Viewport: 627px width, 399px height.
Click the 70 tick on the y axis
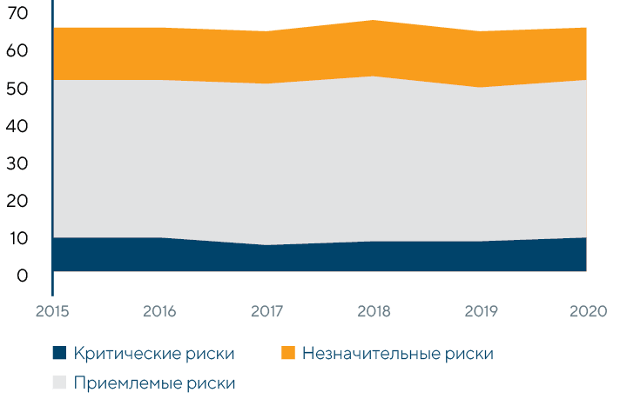click(17, 13)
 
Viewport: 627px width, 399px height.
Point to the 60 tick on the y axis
click(17, 50)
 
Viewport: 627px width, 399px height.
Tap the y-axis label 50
click(17, 88)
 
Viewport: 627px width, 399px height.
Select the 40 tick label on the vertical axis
click(17, 125)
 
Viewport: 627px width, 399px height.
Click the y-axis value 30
click(17, 163)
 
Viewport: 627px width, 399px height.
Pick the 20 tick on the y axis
click(17, 200)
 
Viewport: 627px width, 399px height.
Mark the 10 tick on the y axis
click(17, 237)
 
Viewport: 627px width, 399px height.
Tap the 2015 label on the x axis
click(53, 310)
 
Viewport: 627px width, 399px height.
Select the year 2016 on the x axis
click(159, 310)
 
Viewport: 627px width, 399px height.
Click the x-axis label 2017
click(266, 310)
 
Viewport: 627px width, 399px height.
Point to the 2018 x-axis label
click(373, 310)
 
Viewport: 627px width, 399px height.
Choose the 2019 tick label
click(479, 310)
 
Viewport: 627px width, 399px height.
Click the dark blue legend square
click(59, 353)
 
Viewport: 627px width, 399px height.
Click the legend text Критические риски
click(155, 353)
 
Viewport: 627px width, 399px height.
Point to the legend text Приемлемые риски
click(155, 382)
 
